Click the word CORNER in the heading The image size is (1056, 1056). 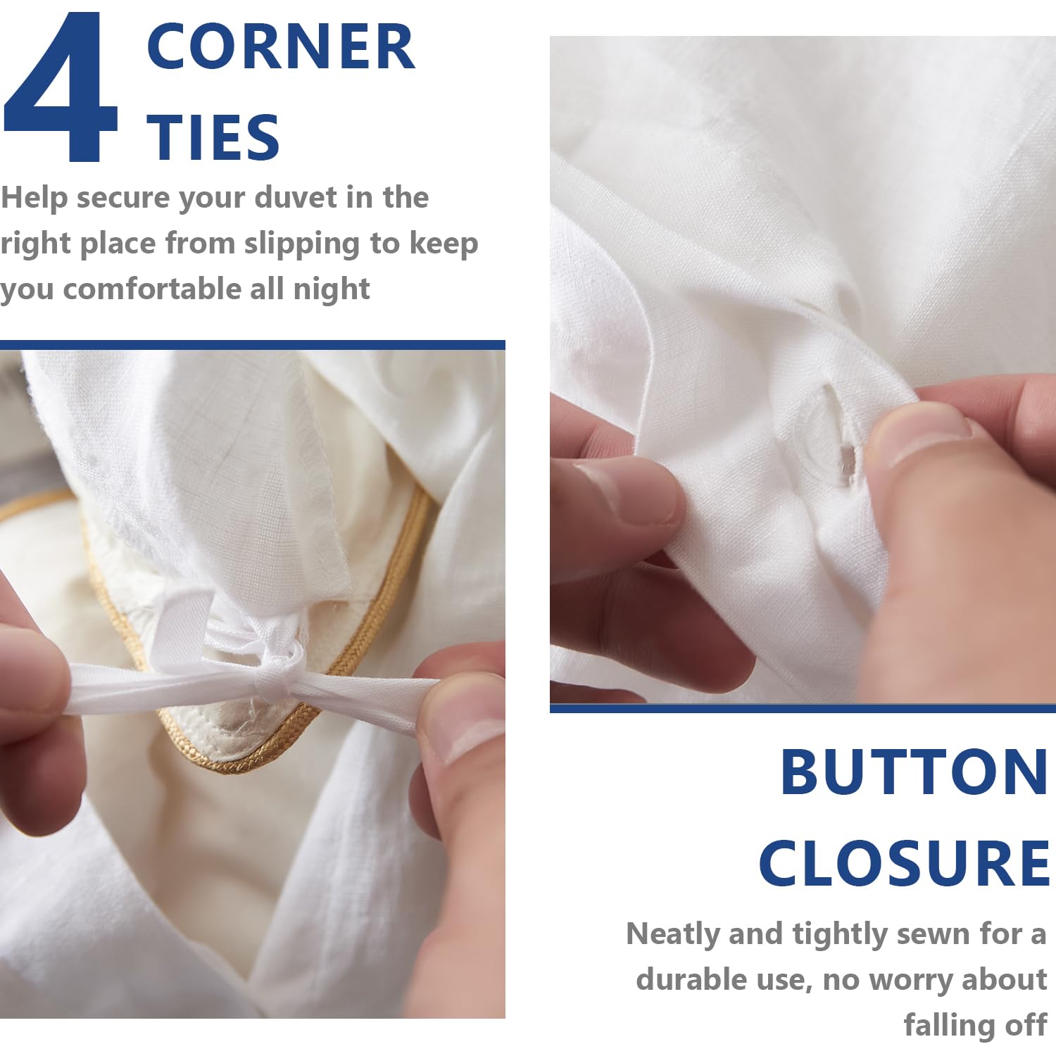coord(281,46)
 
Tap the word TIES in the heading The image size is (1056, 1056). coord(213,137)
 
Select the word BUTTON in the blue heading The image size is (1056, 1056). coord(914,772)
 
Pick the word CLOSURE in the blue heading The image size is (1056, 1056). coord(904,863)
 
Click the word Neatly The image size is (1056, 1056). coord(673,935)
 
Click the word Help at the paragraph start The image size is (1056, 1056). coord(34,198)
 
